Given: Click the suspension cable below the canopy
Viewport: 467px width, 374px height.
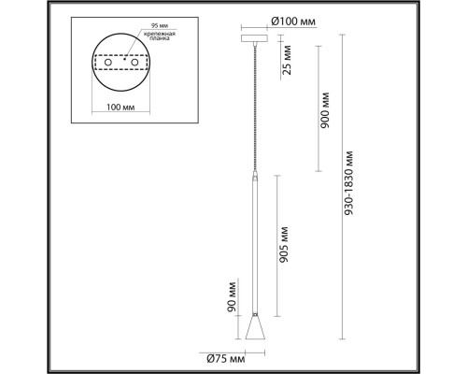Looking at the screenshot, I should (255, 103).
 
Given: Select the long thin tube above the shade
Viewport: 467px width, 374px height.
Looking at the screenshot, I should (255, 243).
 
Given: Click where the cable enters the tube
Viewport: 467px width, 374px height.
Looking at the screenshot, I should (255, 174).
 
